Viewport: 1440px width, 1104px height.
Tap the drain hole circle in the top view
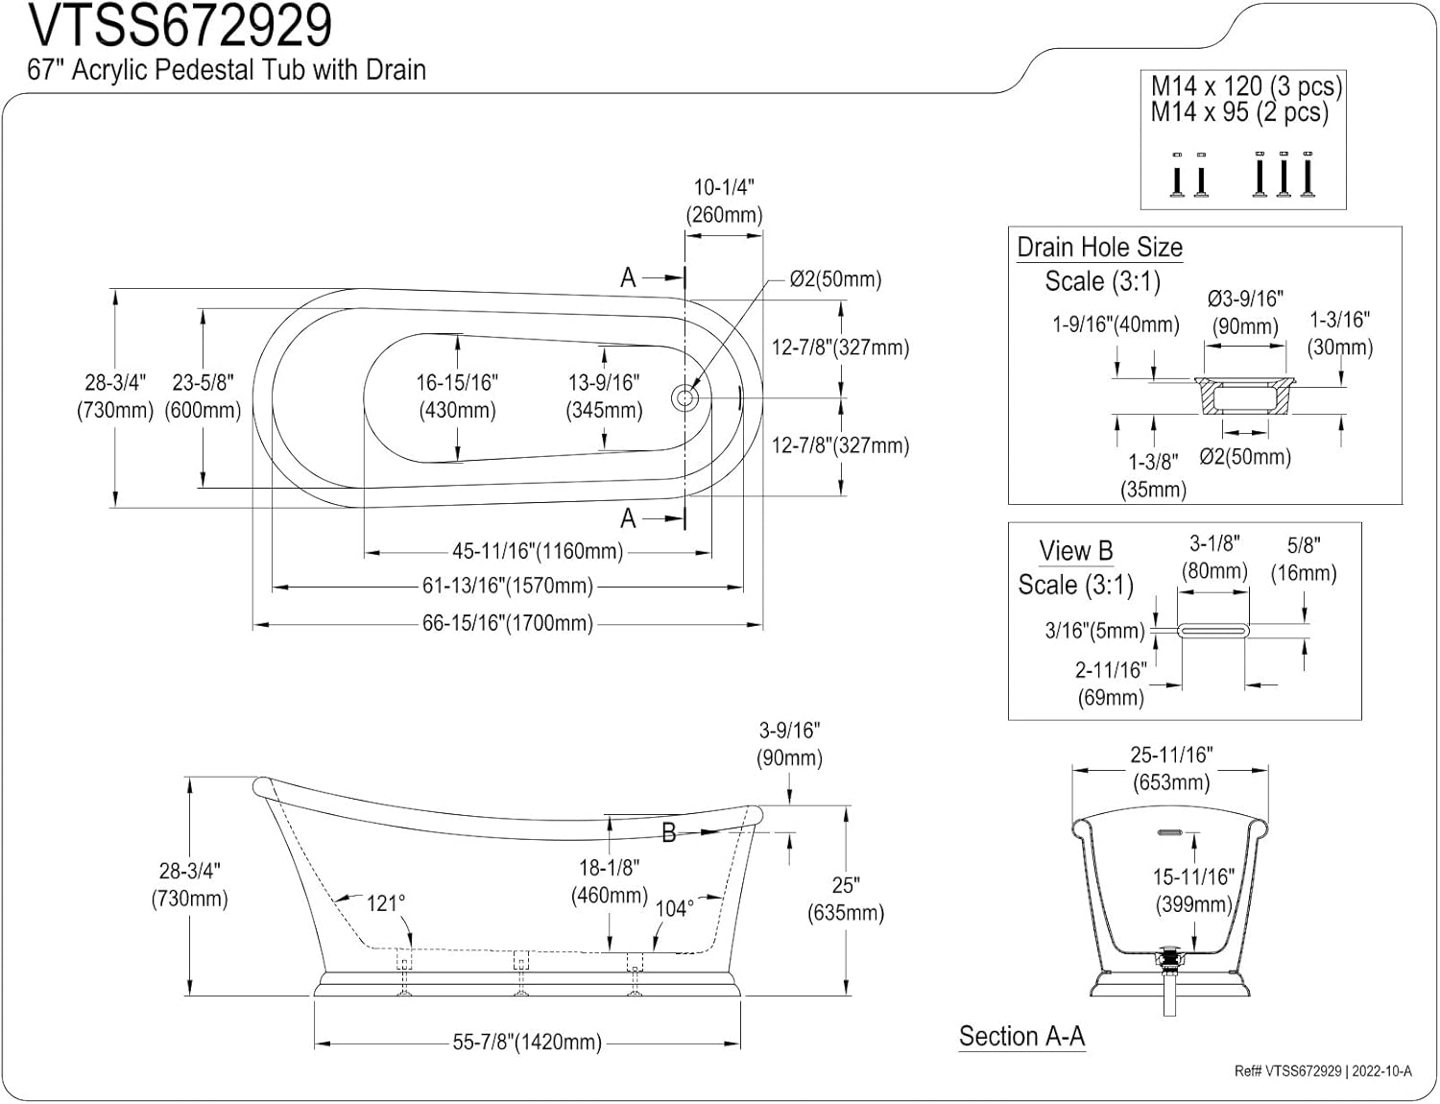click(x=684, y=398)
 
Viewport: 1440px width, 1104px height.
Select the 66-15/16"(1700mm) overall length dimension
click(x=508, y=624)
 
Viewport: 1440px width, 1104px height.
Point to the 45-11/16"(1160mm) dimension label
click(x=538, y=551)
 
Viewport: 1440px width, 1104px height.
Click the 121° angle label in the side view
click(x=386, y=903)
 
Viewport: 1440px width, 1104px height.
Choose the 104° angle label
click(x=675, y=908)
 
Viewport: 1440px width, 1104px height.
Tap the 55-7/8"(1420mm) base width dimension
click(x=527, y=1043)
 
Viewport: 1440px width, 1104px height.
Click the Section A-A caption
click(x=1021, y=1037)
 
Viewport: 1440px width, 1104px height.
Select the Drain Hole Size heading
click(x=1099, y=247)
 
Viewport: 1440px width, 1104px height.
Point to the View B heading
click(x=1075, y=551)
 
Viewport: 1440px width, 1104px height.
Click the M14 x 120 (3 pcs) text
click(x=1246, y=86)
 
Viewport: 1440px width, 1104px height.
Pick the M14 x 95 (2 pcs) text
click(x=1239, y=112)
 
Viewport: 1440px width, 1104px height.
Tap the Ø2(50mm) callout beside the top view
click(x=835, y=279)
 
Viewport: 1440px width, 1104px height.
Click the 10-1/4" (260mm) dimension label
click(x=724, y=201)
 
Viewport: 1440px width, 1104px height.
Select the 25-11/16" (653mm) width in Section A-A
click(x=1171, y=769)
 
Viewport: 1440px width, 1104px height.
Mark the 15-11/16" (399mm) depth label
click(x=1193, y=891)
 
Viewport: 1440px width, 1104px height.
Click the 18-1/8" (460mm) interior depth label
click(x=609, y=881)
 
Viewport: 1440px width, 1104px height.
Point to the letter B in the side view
click(x=669, y=833)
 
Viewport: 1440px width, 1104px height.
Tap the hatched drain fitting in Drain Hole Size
click(x=1244, y=396)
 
